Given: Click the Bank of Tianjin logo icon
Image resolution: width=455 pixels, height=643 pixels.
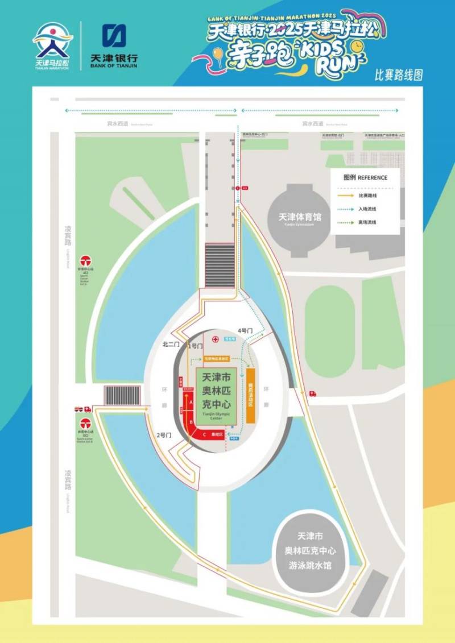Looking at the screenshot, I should coord(114,35).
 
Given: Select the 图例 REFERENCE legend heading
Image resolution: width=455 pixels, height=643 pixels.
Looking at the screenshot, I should coord(365,177).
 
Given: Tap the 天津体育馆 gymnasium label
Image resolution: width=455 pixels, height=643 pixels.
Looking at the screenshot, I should coord(300,217).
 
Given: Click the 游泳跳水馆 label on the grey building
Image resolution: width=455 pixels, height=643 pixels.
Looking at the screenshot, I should coord(311,566).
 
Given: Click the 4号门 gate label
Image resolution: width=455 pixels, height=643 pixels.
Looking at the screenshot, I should coord(243,331).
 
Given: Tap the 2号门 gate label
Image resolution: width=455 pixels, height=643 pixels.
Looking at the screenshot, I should coord(164,435).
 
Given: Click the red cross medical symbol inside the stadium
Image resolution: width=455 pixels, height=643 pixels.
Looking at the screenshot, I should coord(216,339).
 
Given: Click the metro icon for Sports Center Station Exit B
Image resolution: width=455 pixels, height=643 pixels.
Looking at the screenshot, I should coord(85,423).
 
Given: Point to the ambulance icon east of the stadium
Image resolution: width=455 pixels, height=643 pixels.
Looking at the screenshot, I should coord(312,393).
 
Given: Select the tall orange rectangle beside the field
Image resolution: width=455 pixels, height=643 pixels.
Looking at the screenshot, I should coord(250,395).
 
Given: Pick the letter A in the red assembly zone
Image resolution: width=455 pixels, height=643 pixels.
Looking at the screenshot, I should coord(192,401).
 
